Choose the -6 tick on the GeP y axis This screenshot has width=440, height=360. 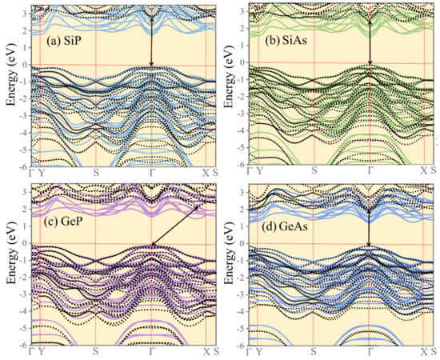click(28, 344)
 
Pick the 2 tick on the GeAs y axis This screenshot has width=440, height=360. click(248, 208)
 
